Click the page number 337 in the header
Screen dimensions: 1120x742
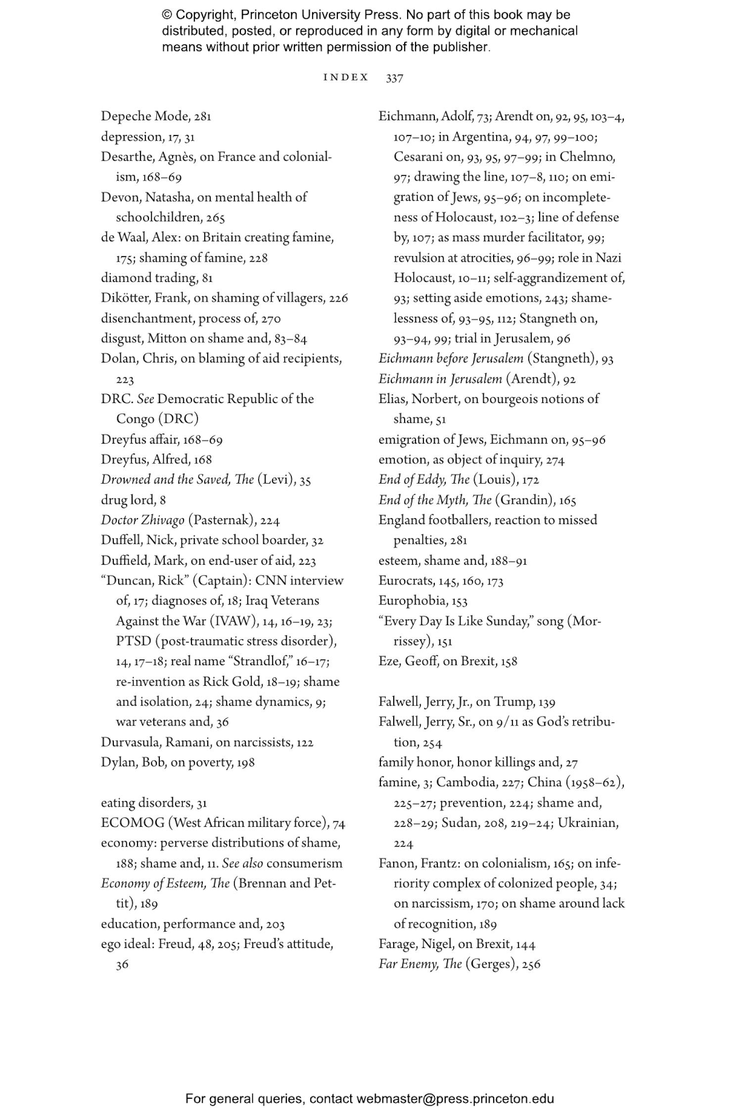coord(394,78)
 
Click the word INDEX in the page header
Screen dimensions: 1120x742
coord(346,78)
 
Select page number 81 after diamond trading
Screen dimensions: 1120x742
coord(207,278)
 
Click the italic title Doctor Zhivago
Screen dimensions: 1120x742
coord(142,520)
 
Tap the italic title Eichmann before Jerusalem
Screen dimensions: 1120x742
coord(451,358)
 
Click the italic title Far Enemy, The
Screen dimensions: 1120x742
coord(420,964)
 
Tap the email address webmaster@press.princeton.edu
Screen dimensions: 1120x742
coord(455,1099)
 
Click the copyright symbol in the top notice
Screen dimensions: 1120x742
coord(167,15)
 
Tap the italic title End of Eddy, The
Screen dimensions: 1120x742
coord(424,480)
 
